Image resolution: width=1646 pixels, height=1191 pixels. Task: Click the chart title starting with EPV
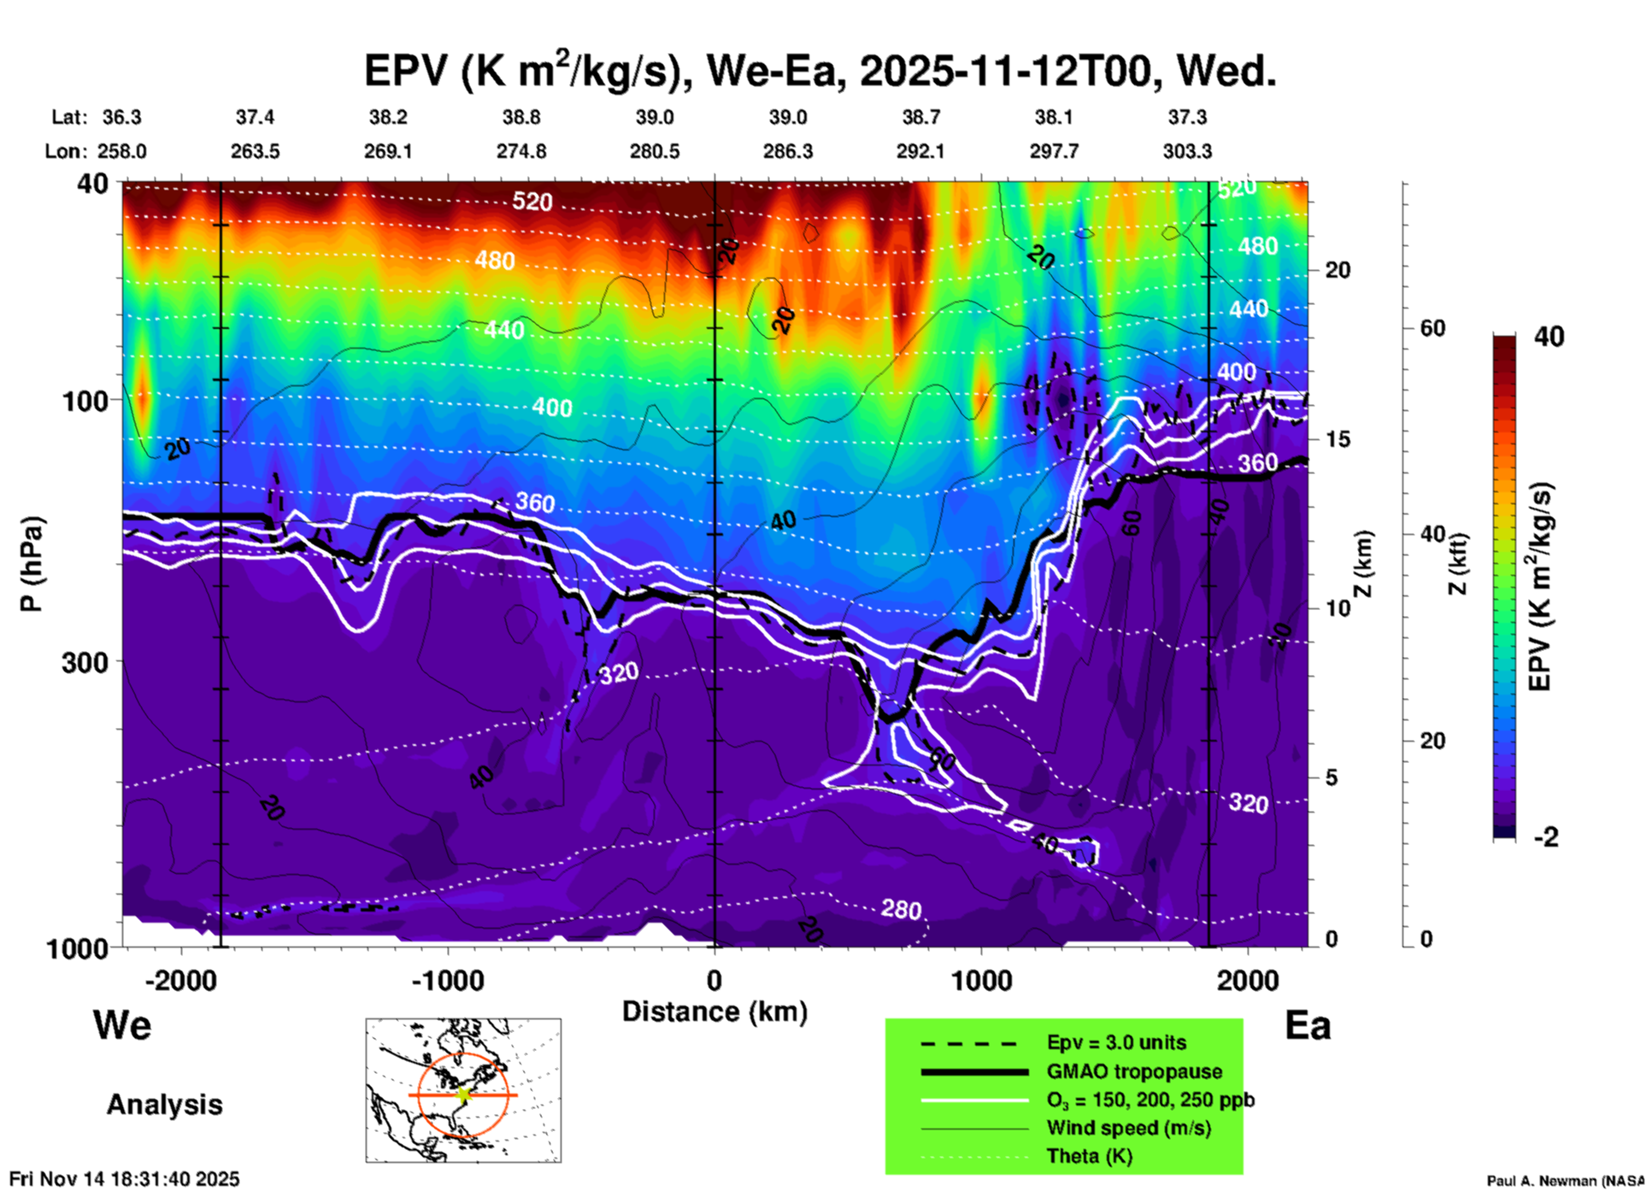point(820,70)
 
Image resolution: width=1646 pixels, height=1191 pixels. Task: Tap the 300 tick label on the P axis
point(85,662)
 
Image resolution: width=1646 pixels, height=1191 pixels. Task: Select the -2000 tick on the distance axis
point(180,980)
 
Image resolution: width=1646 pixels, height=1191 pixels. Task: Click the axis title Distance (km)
point(714,1012)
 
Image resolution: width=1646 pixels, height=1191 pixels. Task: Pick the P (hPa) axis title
point(32,564)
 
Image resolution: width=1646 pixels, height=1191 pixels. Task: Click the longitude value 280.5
point(655,151)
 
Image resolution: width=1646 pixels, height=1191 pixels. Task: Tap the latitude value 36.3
point(121,117)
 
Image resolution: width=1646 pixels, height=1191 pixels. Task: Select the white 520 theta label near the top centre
point(532,202)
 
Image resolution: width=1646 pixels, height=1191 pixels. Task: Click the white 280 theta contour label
point(901,910)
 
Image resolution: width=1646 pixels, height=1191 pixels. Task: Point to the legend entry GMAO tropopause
point(1134,1071)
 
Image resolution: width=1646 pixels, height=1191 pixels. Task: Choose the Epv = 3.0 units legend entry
point(1116,1042)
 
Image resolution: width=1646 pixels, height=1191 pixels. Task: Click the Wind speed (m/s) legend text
point(1128,1128)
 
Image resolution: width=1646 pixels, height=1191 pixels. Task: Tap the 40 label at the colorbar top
point(1549,337)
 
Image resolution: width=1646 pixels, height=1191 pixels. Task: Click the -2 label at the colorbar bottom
point(1546,837)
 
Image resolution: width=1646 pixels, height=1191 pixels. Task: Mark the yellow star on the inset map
point(463,1094)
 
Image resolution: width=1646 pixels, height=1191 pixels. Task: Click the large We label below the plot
point(122,1025)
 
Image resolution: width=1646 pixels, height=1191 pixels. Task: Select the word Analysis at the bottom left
point(164,1105)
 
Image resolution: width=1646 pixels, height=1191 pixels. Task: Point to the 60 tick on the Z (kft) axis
point(1432,328)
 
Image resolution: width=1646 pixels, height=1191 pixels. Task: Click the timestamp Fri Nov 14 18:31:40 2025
point(125,1179)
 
